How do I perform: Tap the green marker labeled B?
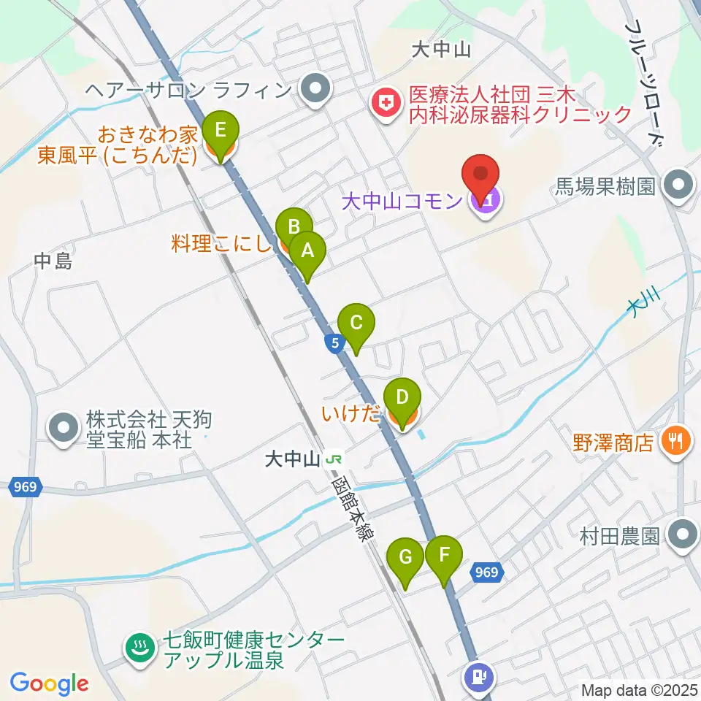tap(294, 224)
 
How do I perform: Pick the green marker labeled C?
tap(356, 322)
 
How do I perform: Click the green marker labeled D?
tap(402, 397)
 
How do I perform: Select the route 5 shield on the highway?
tap(334, 342)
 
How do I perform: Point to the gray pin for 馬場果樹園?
tap(678, 185)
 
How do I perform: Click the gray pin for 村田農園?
tap(682, 536)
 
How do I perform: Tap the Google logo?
tap(50, 683)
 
